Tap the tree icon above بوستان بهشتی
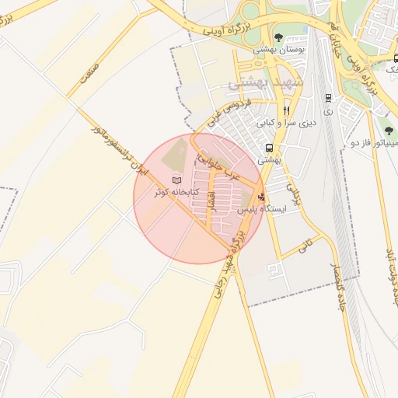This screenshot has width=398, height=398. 278,37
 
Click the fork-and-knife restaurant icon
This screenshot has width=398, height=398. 287,111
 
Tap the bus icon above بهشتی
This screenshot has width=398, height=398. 268,148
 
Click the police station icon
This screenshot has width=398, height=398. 260,197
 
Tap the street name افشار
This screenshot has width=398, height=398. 211,201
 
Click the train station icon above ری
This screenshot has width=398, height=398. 328,98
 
